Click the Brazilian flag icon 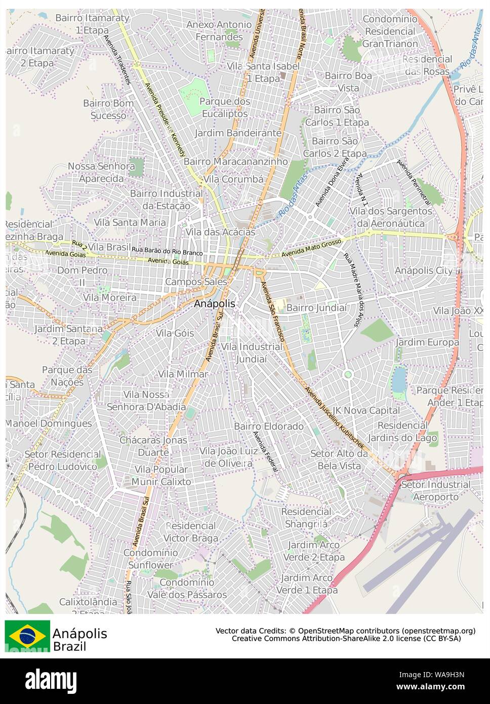(27, 636)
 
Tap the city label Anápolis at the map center (215, 304)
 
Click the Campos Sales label (196, 282)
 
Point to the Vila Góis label (175, 333)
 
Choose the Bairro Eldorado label (269, 426)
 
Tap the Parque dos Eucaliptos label (225, 107)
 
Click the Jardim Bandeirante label (238, 133)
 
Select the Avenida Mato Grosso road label (312, 248)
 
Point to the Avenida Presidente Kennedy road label (166, 121)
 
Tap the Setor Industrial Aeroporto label (435, 491)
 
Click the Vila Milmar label (183, 374)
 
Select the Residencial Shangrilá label (306, 518)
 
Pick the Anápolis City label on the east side (424, 270)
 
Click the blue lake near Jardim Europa (399, 380)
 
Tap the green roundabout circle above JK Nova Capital (348, 375)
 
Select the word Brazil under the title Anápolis (69, 647)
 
